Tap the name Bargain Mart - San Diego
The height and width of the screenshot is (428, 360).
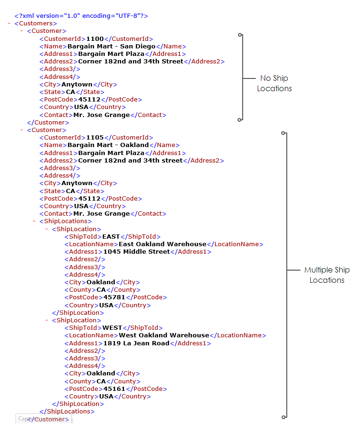(111, 47)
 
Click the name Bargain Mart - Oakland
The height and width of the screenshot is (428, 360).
(108, 145)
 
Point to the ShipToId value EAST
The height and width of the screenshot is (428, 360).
(111, 237)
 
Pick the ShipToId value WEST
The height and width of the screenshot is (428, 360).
(112, 328)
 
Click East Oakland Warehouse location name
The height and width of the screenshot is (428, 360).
(162, 244)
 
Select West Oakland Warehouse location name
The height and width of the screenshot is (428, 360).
(164, 335)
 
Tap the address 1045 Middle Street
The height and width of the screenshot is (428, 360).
(136, 252)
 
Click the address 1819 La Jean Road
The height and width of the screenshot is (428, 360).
(136, 343)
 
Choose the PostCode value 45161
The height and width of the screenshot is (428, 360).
(114, 389)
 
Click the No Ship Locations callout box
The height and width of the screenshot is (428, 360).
(275, 84)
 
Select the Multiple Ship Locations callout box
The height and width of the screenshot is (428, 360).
(327, 275)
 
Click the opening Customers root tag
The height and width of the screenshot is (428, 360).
(36, 23)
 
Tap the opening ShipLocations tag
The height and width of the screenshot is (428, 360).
(65, 221)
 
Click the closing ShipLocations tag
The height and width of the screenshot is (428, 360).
(67, 412)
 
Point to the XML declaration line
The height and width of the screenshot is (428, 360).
(81, 16)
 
